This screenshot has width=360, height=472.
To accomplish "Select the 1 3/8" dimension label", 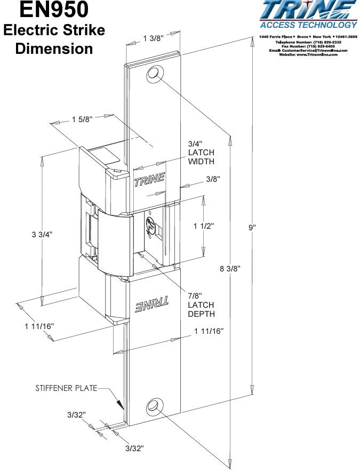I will [x=153, y=38].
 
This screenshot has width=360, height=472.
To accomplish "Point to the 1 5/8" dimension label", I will [x=82, y=119].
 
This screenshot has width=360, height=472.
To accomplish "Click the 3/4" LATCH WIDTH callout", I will [x=201, y=153].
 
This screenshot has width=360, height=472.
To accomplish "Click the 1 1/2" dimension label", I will [x=203, y=226].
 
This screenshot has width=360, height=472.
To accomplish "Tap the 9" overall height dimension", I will [x=252, y=228].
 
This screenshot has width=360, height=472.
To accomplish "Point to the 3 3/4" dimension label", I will [x=42, y=234].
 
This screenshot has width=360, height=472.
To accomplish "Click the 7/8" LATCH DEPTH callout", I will [x=201, y=305].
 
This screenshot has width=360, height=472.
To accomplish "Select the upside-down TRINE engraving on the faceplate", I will [x=152, y=307].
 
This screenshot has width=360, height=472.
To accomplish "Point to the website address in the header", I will [x=308, y=54].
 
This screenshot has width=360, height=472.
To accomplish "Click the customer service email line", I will [x=308, y=50].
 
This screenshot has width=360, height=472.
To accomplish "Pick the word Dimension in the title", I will [x=54, y=48].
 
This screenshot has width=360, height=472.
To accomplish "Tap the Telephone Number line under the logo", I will [x=308, y=42].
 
